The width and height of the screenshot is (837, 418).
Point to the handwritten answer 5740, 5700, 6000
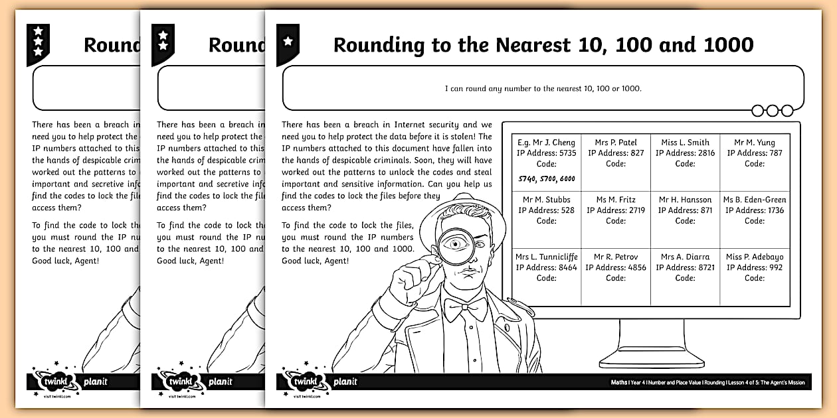tap(546, 178)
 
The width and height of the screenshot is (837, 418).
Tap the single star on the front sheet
tap(288, 41)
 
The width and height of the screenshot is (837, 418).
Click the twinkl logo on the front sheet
tap(306, 382)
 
